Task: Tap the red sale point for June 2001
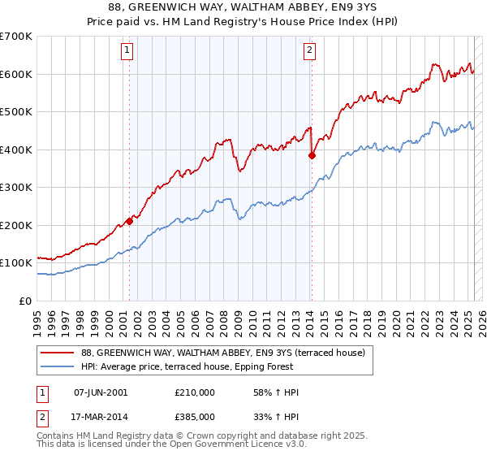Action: point(129,221)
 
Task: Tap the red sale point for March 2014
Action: point(312,155)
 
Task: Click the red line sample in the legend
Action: point(58,353)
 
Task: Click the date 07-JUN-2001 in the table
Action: point(101,392)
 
